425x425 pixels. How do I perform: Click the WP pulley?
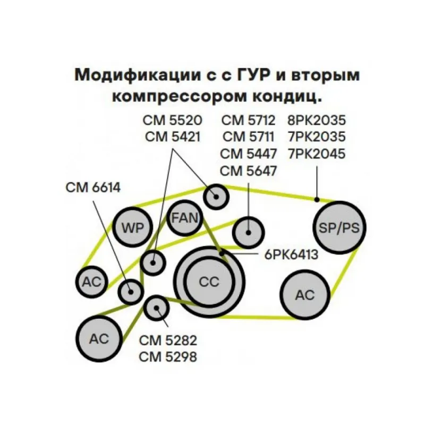pyautogui.click(x=132, y=227)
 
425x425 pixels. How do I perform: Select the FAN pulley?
pyautogui.click(x=184, y=217)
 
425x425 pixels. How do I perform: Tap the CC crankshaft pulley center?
pyautogui.click(x=209, y=282)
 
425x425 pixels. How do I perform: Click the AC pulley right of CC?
pyautogui.click(x=305, y=295)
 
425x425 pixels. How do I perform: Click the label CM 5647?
pyautogui.click(x=249, y=171)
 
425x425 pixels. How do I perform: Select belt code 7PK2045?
pyautogui.click(x=316, y=154)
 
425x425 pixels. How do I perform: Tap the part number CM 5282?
pyautogui.click(x=168, y=340)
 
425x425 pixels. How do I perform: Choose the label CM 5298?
pyautogui.click(x=168, y=357)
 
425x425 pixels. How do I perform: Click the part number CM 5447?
pyautogui.click(x=249, y=154)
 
